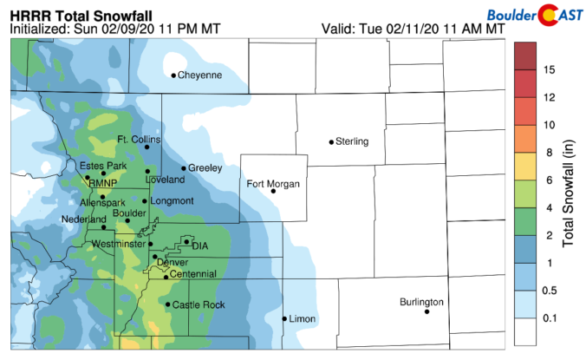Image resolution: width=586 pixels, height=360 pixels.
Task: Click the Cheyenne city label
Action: click(200, 75)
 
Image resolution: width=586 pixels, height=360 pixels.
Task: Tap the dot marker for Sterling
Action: click(331, 141)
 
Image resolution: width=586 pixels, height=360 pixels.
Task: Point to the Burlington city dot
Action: click(427, 311)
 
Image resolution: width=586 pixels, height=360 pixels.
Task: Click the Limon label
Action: click(303, 319)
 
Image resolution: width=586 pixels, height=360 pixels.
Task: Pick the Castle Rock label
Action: click(199, 304)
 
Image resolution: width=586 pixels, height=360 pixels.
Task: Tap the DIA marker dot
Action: click(186, 241)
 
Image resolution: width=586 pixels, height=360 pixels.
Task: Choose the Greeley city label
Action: click(205, 167)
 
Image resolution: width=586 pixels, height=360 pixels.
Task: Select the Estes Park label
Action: click(103, 166)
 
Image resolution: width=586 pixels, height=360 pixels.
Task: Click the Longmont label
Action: click(172, 200)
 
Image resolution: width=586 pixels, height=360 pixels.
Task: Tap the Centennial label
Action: click(194, 274)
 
